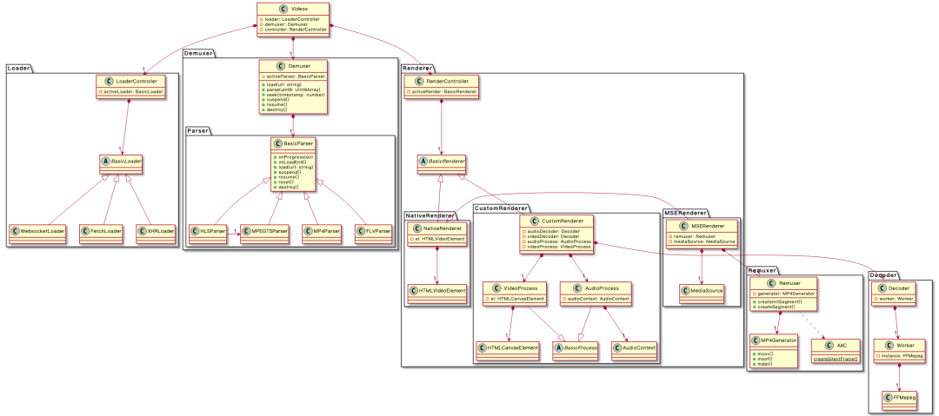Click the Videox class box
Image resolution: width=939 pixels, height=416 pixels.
(x=294, y=18)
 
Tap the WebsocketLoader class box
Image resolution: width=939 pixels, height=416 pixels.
(x=37, y=231)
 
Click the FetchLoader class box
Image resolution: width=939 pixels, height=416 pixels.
(x=101, y=231)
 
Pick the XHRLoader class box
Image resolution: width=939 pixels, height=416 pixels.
(x=154, y=231)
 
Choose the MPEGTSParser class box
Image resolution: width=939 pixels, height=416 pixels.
(x=265, y=231)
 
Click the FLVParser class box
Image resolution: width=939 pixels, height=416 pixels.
(x=373, y=231)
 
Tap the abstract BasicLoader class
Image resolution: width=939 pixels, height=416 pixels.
(x=121, y=162)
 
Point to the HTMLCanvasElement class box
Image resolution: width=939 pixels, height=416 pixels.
(x=509, y=347)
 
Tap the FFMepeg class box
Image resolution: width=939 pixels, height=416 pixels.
(x=902, y=397)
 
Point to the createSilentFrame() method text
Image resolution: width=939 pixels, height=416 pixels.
(x=833, y=358)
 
